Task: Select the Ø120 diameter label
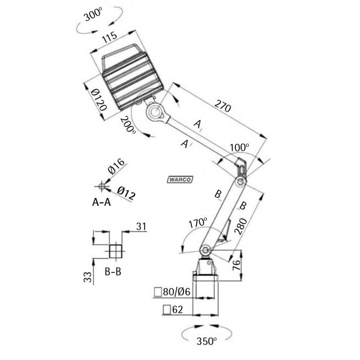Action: tap(98, 100)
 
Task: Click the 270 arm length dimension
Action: tap(221, 108)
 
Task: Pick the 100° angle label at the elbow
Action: tap(238, 147)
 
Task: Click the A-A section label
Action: tap(101, 203)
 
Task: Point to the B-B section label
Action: tap(113, 272)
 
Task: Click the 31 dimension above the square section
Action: tap(141, 226)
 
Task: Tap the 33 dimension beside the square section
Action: tap(88, 276)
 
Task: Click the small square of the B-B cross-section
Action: tap(113, 249)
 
